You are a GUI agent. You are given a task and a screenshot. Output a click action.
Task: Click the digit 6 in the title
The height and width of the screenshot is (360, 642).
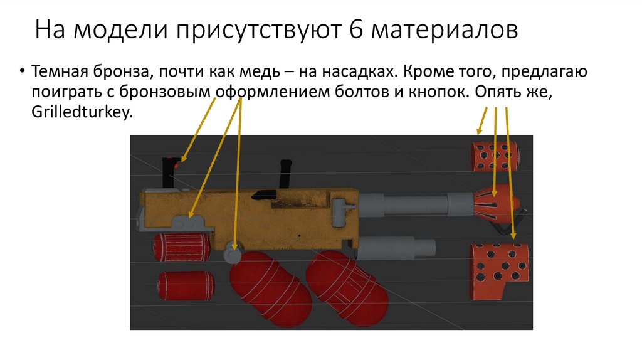356,29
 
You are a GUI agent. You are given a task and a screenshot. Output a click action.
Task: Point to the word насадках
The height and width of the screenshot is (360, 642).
358,72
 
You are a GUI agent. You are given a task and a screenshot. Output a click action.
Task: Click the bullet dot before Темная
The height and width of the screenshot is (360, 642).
22,71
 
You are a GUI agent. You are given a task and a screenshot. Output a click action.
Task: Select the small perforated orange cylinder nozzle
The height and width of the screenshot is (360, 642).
495,156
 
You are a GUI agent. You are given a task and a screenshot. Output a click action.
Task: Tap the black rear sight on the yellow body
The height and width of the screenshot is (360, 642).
265,194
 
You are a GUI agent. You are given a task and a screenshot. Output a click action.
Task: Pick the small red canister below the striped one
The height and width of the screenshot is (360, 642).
186,285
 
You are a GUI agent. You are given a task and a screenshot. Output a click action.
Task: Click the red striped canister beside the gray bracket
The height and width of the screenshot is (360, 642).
182,247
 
